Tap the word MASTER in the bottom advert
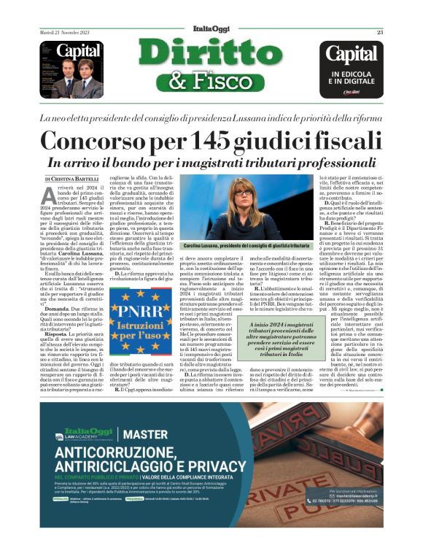147,436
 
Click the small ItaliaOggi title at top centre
211,32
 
